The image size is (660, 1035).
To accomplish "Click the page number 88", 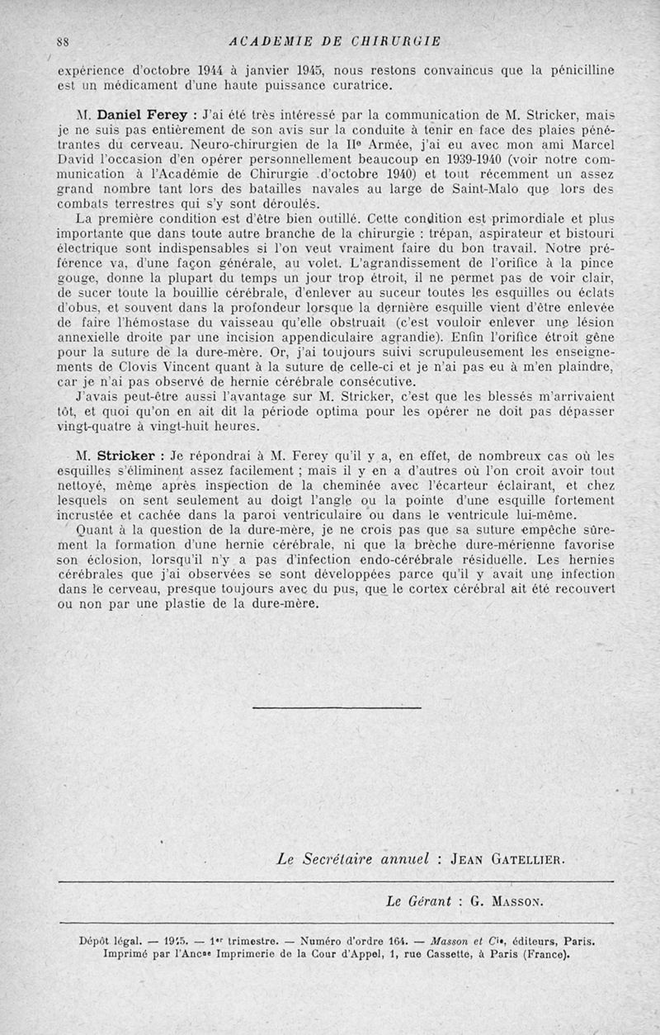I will [63, 41].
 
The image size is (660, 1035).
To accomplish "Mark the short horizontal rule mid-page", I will [336, 707].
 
